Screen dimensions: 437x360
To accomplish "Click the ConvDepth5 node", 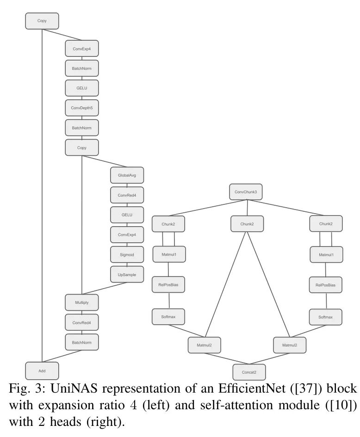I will (x=82, y=108).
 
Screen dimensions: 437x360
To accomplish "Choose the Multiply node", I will (x=82, y=302).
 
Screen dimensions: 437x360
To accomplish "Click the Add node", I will (x=42, y=371).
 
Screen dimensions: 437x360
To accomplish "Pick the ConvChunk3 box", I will (x=246, y=191).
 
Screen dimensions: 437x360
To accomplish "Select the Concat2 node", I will (x=249, y=371).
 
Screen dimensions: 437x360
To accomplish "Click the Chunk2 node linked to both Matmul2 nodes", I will (x=247, y=224).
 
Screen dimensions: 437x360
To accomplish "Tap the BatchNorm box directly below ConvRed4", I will (x=82, y=342).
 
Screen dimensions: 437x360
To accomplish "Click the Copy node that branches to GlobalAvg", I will (x=82, y=148).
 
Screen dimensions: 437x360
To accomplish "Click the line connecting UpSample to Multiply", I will (x=104, y=289).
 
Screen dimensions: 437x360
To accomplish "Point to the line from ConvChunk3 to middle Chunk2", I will (x=247, y=208).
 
